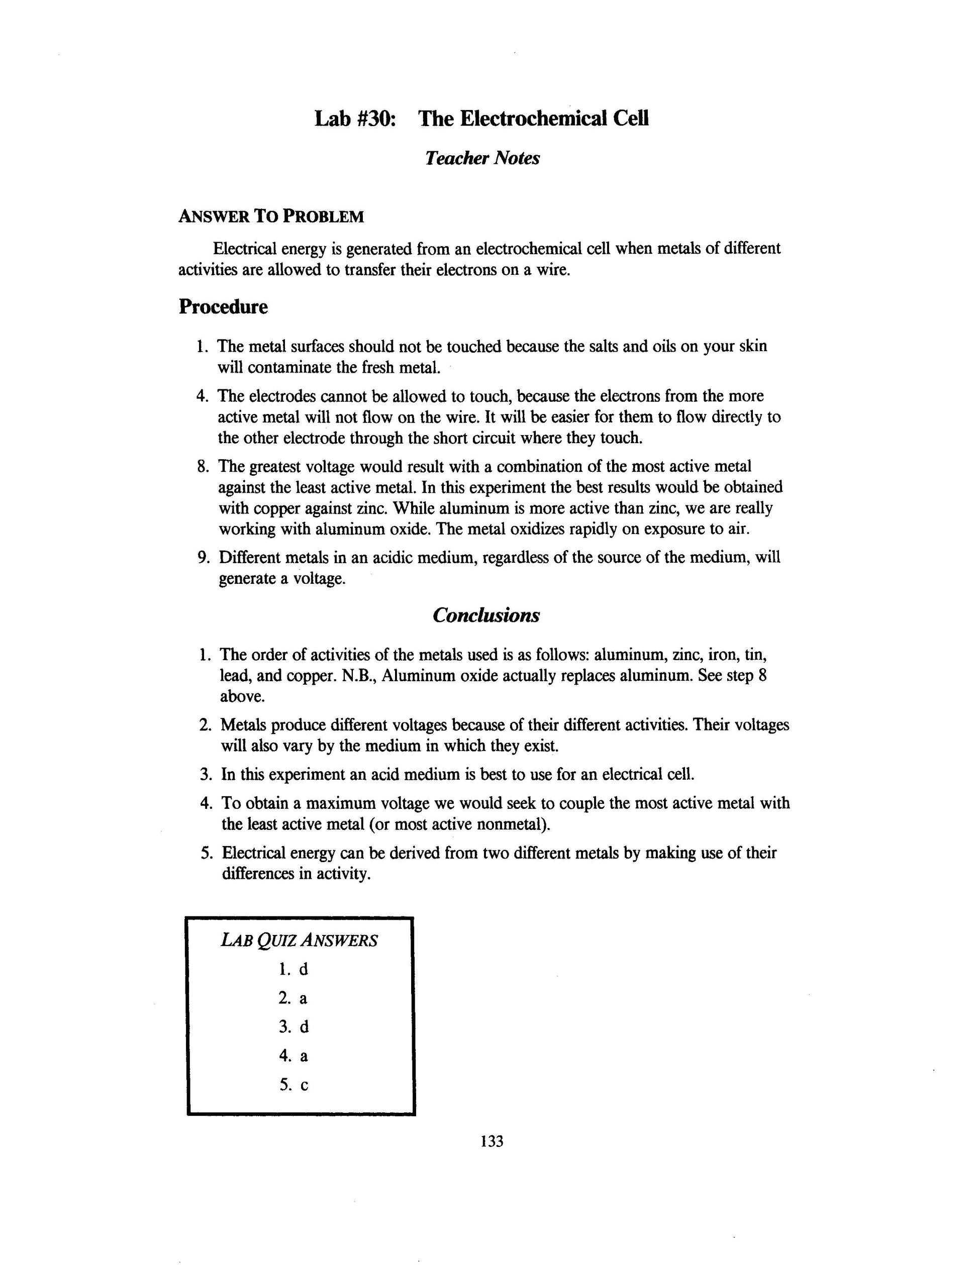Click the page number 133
click(492, 1141)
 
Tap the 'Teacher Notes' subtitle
click(482, 158)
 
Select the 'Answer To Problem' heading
click(271, 217)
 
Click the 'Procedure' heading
click(223, 306)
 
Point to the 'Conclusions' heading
click(485, 614)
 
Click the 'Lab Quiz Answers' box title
click(299, 939)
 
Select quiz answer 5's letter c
click(304, 1085)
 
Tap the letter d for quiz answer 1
click(304, 969)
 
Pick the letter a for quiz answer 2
click(304, 998)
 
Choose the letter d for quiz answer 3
click(304, 1027)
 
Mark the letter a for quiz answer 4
click(304, 1056)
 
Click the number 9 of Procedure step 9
click(202, 557)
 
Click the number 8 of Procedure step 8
click(202, 466)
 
